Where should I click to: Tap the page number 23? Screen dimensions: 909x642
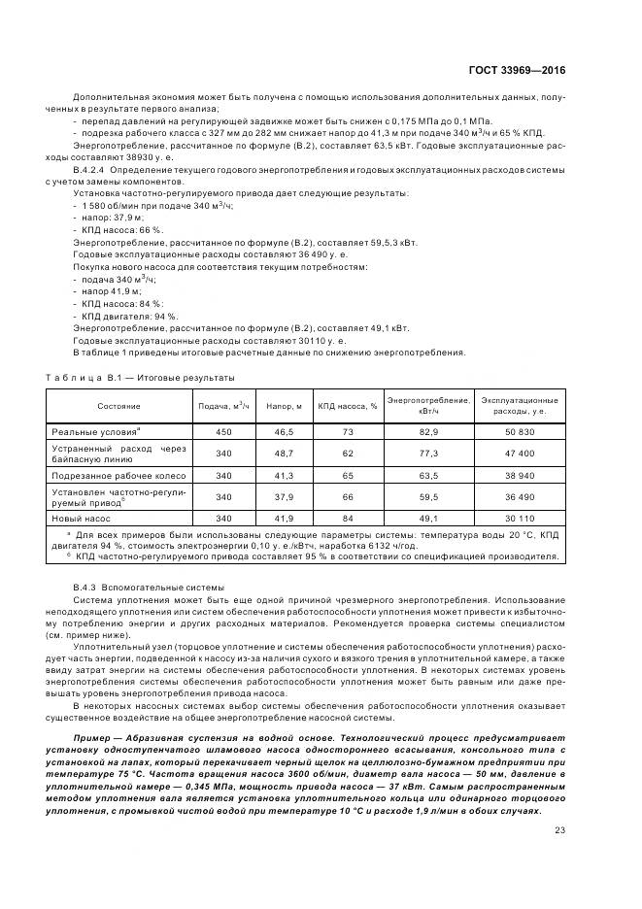click(x=559, y=802)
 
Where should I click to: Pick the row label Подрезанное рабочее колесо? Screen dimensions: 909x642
click(x=118, y=476)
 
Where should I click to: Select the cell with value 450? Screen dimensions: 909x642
click(x=223, y=429)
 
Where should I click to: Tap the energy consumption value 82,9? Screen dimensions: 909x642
click(x=429, y=429)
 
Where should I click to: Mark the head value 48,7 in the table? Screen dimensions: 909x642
click(x=284, y=453)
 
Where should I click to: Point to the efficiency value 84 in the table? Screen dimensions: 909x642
click(x=347, y=519)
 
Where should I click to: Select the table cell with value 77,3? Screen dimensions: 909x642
click(x=429, y=453)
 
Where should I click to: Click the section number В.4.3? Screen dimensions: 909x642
click(x=88, y=587)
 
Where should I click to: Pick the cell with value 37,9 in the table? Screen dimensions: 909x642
click(x=284, y=497)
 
